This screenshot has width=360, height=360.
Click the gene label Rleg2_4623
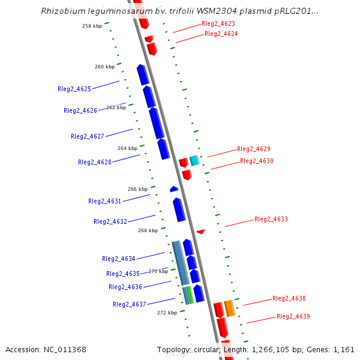click(x=218, y=24)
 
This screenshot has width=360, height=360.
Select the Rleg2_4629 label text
click(x=254, y=149)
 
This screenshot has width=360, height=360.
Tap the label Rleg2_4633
click(x=271, y=220)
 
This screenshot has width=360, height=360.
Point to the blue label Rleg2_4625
click(x=74, y=89)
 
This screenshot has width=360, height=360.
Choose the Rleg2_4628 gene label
click(x=95, y=163)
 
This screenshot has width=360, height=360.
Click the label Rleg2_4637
click(x=130, y=305)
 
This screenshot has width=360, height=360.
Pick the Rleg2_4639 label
click(x=293, y=317)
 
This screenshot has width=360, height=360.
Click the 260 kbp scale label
click(x=104, y=67)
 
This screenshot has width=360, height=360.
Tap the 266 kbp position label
click(x=137, y=189)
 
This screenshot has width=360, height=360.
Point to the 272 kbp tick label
click(x=167, y=313)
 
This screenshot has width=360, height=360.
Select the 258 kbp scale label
click(x=92, y=26)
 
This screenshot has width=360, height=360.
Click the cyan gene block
click(x=194, y=160)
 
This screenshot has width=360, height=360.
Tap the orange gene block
click(x=229, y=308)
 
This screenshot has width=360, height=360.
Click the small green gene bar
click(x=190, y=295)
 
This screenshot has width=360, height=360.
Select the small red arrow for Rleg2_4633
click(x=201, y=232)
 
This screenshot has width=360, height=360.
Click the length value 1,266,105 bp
click(x=281, y=350)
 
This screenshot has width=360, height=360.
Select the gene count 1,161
click(x=344, y=350)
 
